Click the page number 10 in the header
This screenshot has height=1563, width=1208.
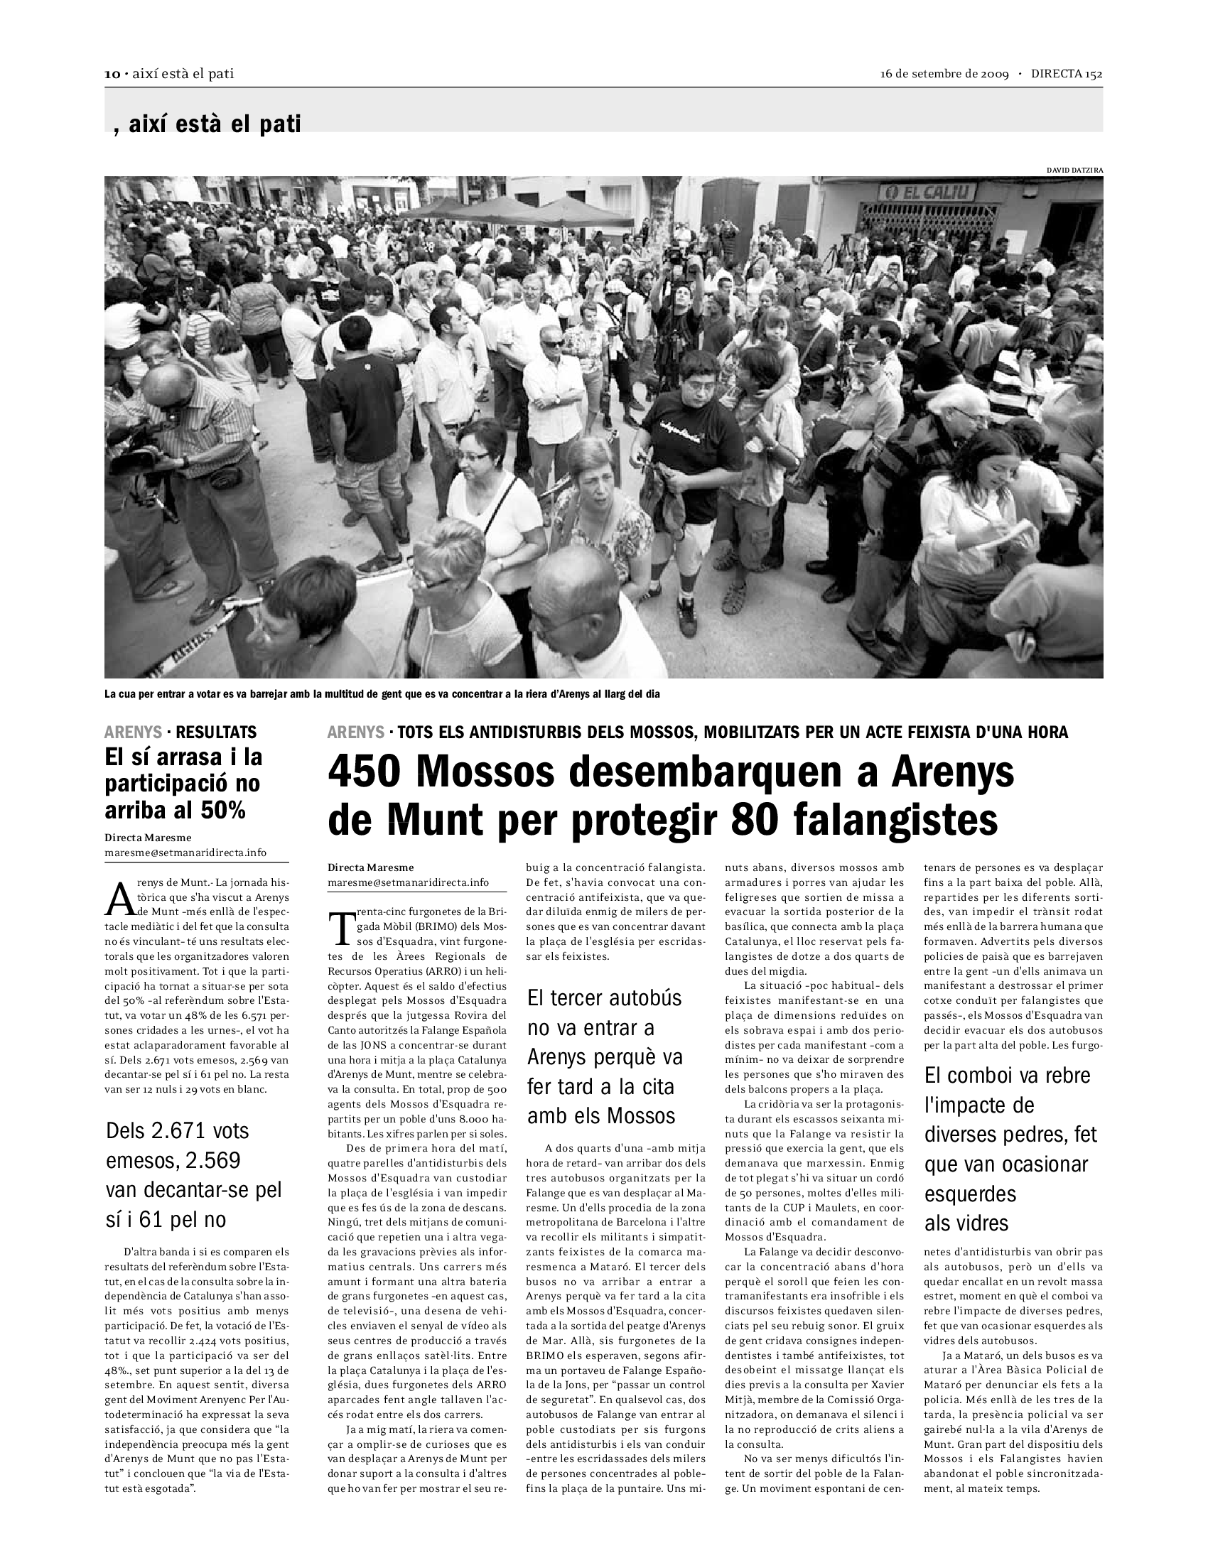point(112,75)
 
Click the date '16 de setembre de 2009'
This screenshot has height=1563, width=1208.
point(944,75)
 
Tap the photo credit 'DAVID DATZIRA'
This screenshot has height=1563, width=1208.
point(1074,171)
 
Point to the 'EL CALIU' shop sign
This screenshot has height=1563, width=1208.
point(928,191)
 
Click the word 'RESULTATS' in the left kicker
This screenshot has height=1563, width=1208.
point(216,732)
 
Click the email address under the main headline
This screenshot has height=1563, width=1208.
point(408,882)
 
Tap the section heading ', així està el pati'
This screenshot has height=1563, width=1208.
point(207,124)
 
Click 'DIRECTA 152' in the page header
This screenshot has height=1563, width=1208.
point(1067,75)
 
